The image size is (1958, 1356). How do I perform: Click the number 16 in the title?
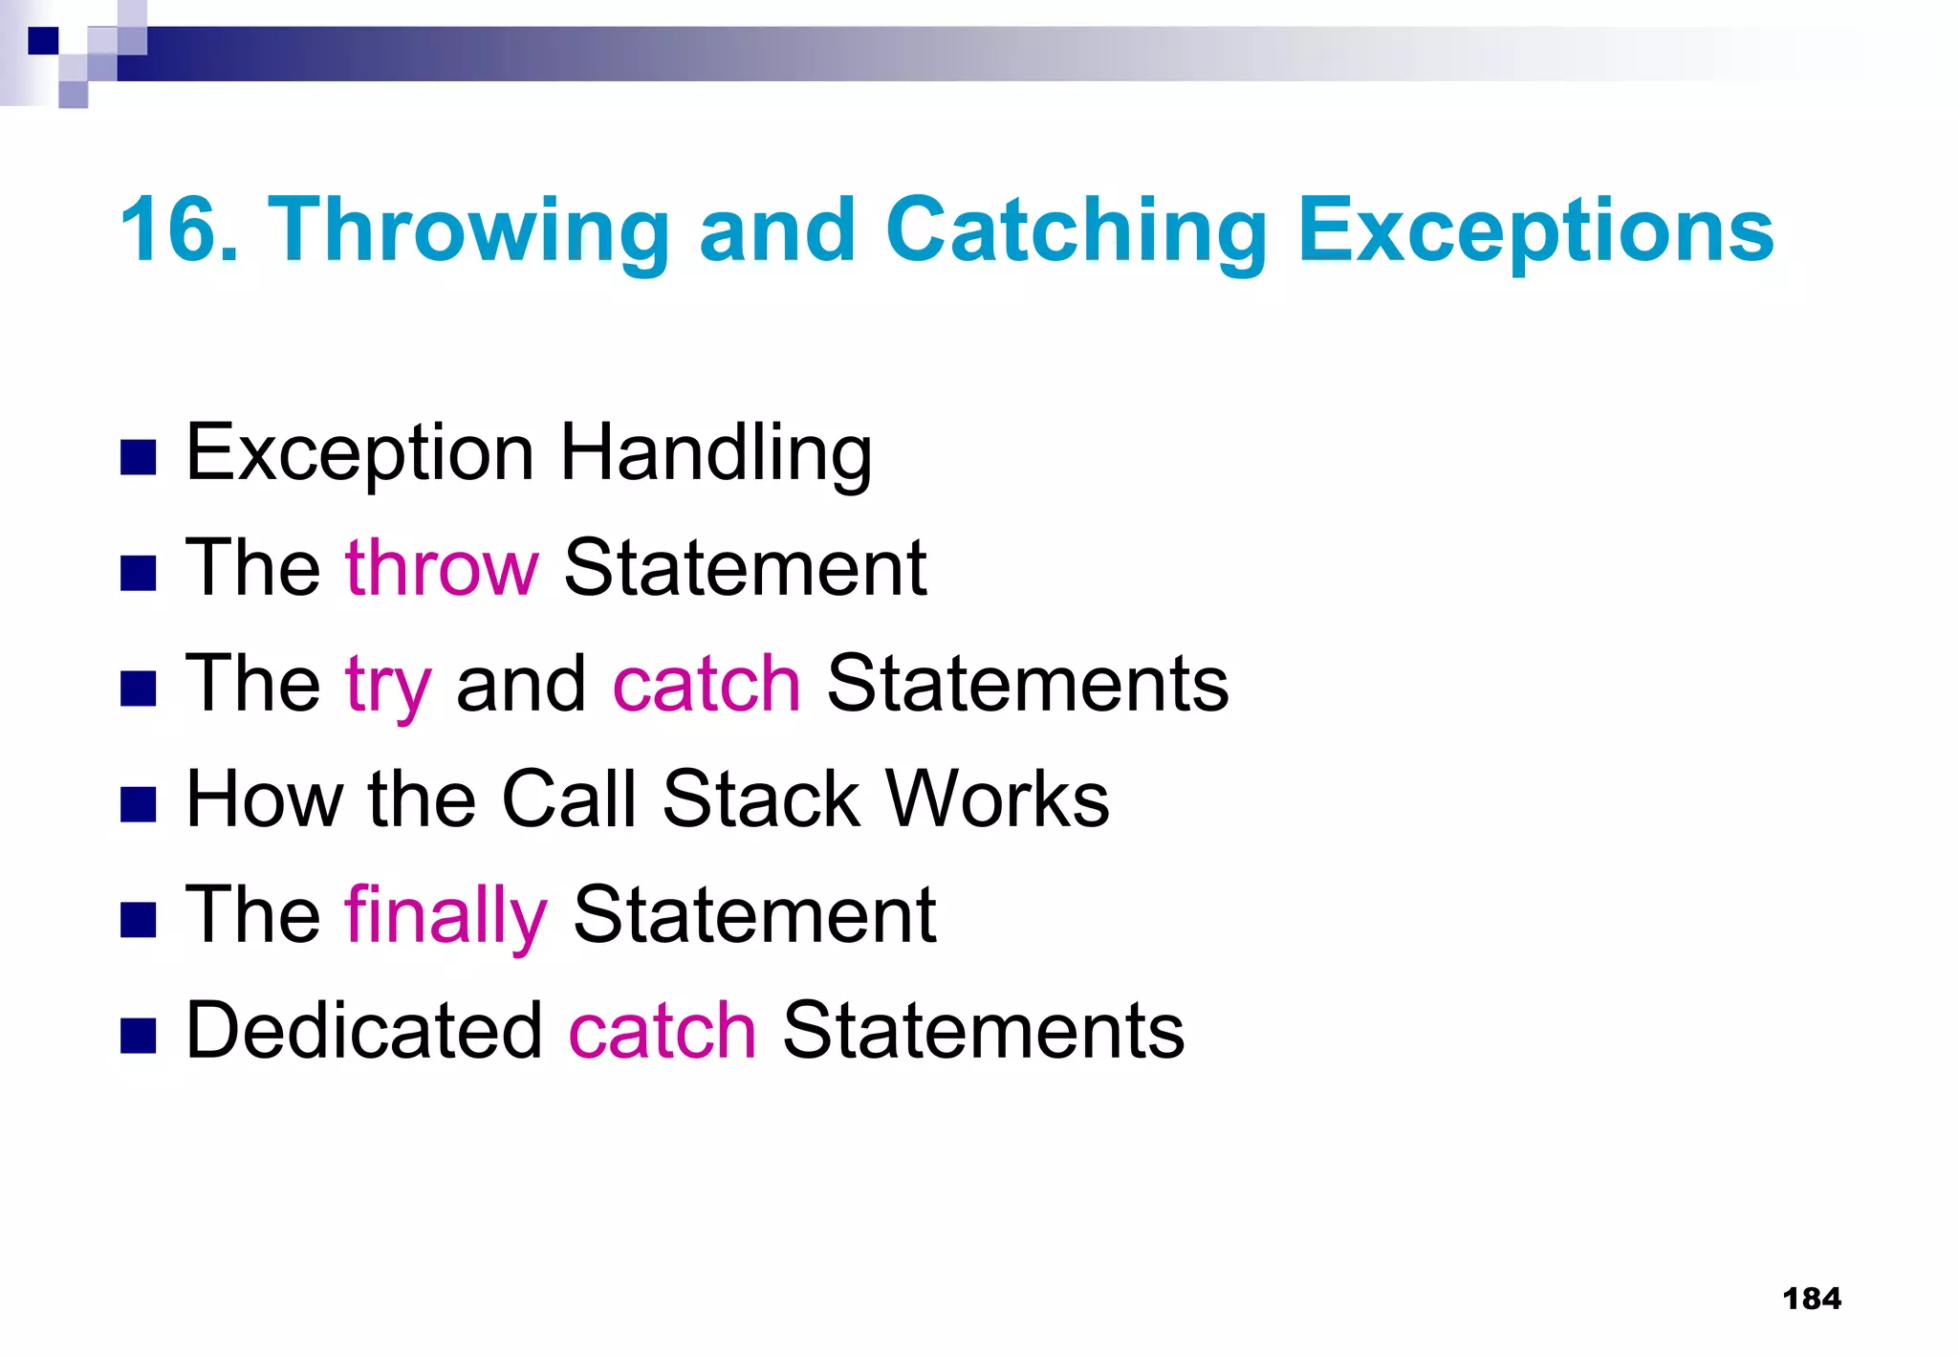click(171, 230)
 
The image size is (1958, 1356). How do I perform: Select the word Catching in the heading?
click(1077, 231)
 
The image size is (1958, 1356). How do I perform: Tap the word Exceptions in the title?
click(1535, 231)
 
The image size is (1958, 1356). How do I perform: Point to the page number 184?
click(1811, 1299)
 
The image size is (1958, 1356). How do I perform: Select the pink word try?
click(388, 685)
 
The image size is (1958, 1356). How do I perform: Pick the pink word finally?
click(446, 916)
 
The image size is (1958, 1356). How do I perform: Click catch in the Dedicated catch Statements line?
click(663, 1031)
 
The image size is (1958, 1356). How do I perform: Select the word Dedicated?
click(364, 1031)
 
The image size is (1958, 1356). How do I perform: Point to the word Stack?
click(761, 798)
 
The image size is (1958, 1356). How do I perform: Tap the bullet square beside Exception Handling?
click(139, 458)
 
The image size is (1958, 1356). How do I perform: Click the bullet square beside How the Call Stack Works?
click(139, 804)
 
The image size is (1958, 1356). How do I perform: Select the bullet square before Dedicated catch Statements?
click(139, 1036)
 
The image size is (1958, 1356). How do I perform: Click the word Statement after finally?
click(754, 914)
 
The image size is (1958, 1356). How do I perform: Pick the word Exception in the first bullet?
click(359, 453)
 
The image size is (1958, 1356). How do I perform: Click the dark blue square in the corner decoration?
click(43, 40)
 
